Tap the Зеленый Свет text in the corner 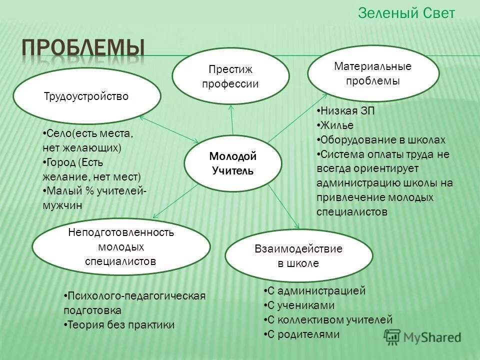click(406, 13)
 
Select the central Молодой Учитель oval click(232, 163)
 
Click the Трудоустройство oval click(86, 96)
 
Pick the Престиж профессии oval click(230, 76)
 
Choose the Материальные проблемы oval click(373, 73)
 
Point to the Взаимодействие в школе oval click(298, 256)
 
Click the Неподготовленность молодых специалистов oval click(121, 246)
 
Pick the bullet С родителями click(303, 334)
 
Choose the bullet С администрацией click(316, 291)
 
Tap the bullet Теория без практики click(120, 325)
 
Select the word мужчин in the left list click(62, 205)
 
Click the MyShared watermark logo click(422, 336)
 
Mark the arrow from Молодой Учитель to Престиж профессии click(232, 120)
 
